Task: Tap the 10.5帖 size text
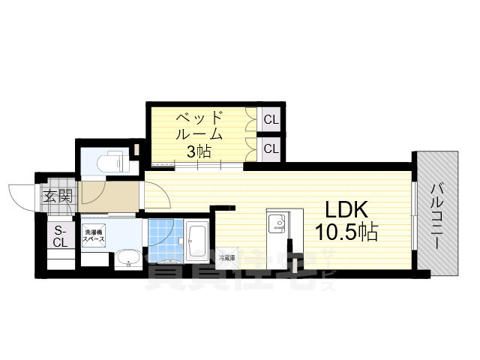346,231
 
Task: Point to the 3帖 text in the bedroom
199,151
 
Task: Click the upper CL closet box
271,118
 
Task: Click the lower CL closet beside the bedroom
271,148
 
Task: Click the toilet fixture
112,160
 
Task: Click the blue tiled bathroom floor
162,240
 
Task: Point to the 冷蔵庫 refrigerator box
226,258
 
